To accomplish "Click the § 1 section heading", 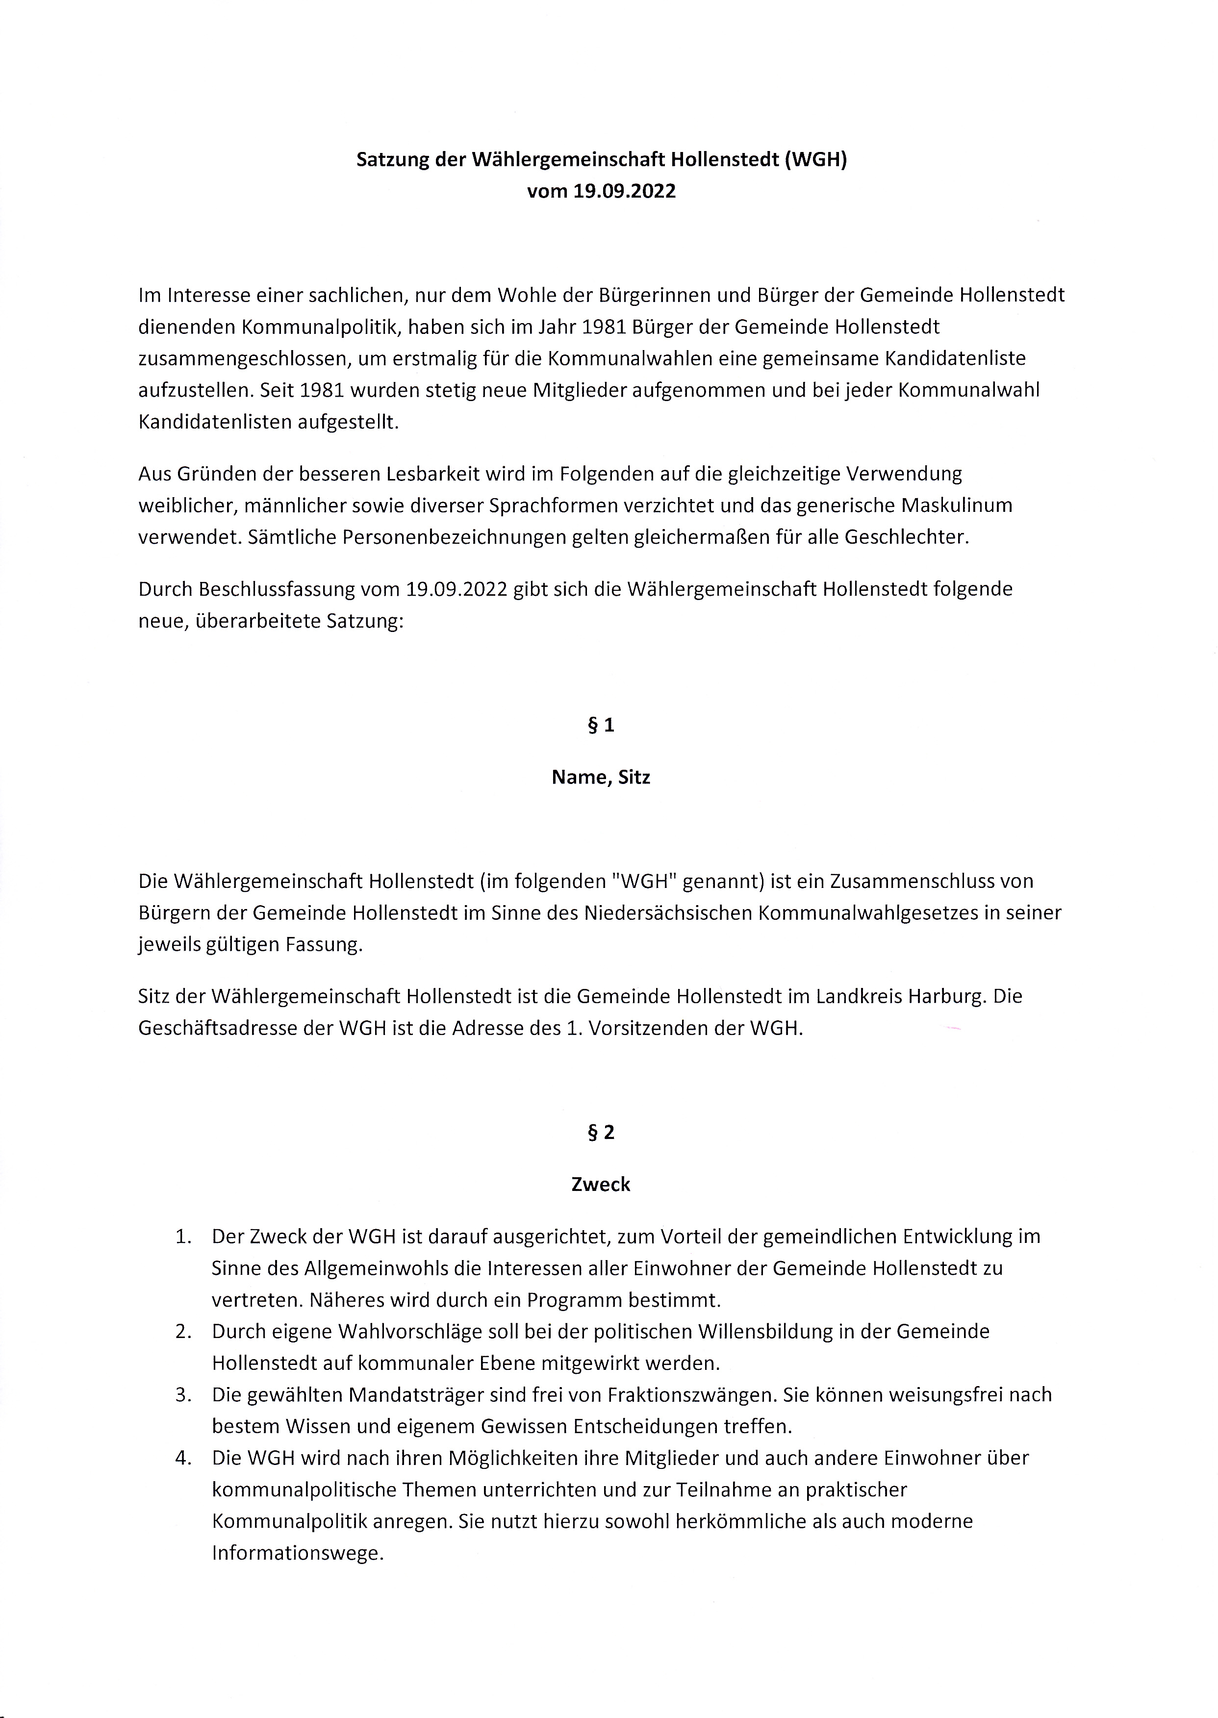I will pyautogui.click(x=601, y=725).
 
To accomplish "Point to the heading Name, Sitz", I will pyautogui.click(x=601, y=778).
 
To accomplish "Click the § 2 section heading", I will pyautogui.click(x=601, y=1132).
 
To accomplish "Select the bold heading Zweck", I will pyautogui.click(x=601, y=1185).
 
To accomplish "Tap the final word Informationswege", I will pyautogui.click(x=297, y=1553).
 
